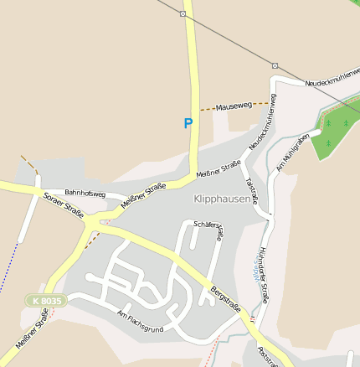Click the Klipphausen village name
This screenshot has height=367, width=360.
(x=222, y=199)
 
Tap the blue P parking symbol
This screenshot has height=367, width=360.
(x=188, y=123)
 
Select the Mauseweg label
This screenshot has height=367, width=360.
(x=234, y=107)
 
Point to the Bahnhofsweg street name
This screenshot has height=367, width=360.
(x=85, y=194)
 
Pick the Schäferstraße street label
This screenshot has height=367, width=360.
(x=208, y=230)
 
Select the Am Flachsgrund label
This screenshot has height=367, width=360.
(x=140, y=322)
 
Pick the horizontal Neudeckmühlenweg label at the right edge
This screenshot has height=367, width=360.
(x=332, y=78)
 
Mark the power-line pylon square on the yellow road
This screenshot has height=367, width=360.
(x=183, y=13)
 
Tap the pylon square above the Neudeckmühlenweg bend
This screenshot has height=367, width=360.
(x=275, y=65)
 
